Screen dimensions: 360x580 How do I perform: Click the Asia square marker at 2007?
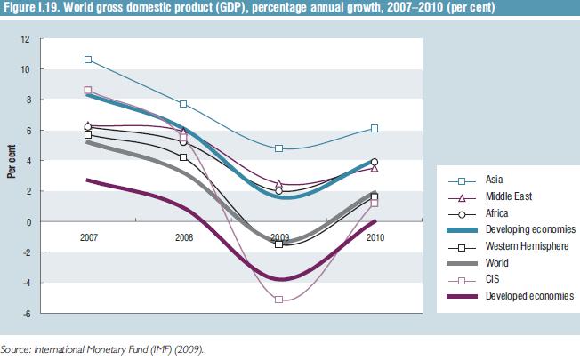click(88, 60)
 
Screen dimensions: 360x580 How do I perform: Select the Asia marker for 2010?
click(375, 128)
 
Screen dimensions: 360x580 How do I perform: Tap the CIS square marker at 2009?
click(279, 300)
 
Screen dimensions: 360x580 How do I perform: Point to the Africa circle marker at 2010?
click(375, 162)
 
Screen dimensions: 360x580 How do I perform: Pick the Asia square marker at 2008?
click(183, 104)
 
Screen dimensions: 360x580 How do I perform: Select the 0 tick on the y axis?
click(28, 221)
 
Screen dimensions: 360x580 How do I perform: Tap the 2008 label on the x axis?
click(183, 237)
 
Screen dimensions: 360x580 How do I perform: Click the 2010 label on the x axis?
click(375, 237)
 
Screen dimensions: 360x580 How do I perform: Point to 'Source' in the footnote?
click(15, 350)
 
